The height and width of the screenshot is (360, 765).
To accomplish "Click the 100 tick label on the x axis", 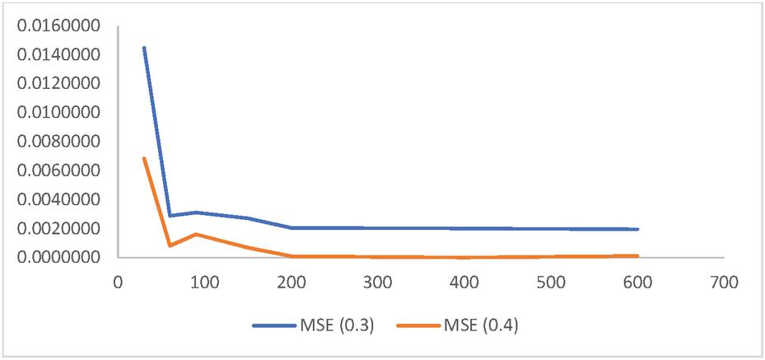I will coord(203,280).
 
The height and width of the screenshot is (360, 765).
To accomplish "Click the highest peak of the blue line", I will coord(143,48).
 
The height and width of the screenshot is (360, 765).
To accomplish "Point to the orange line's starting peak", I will coord(143,158).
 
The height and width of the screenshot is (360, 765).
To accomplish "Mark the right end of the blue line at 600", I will coord(637,229).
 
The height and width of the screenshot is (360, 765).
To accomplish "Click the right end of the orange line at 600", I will coord(637,255).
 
